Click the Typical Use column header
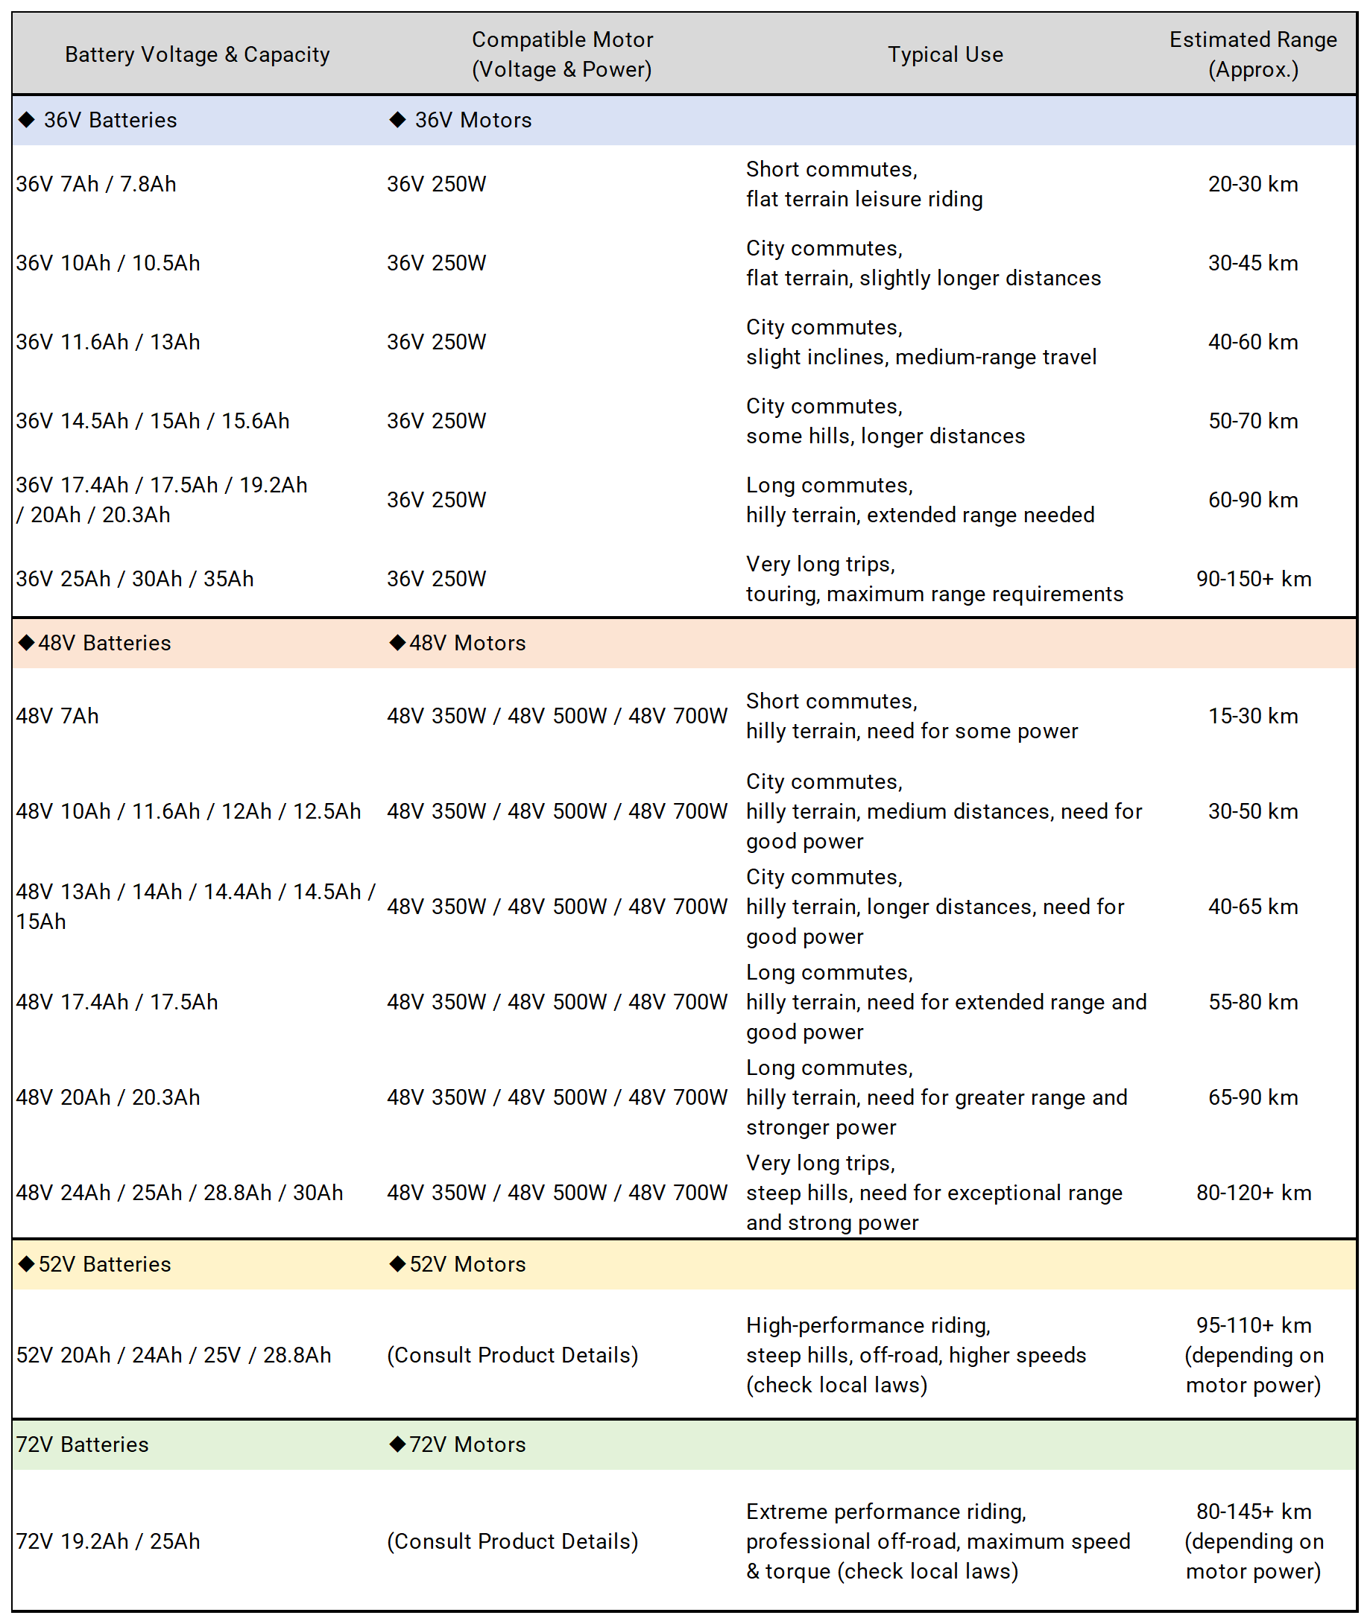[x=945, y=54]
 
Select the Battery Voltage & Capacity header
[x=198, y=54]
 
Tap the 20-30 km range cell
[x=1252, y=184]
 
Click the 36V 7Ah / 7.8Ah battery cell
[x=96, y=184]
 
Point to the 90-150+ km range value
[x=1253, y=578]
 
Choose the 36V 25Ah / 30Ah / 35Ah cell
[x=135, y=578]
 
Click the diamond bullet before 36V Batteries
[x=27, y=119]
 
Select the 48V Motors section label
[x=467, y=643]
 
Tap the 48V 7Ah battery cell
[x=57, y=716]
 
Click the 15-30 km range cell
[x=1252, y=716]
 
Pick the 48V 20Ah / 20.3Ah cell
[x=108, y=1097]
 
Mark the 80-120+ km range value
[x=1253, y=1193]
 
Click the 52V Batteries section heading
[x=104, y=1263]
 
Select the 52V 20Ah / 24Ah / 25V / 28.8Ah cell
[x=174, y=1354]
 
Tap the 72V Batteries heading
[x=82, y=1444]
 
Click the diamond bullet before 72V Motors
[x=397, y=1444]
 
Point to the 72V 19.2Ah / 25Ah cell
[x=108, y=1541]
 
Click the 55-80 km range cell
[x=1252, y=1001]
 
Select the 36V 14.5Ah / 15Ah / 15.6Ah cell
[x=153, y=421]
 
